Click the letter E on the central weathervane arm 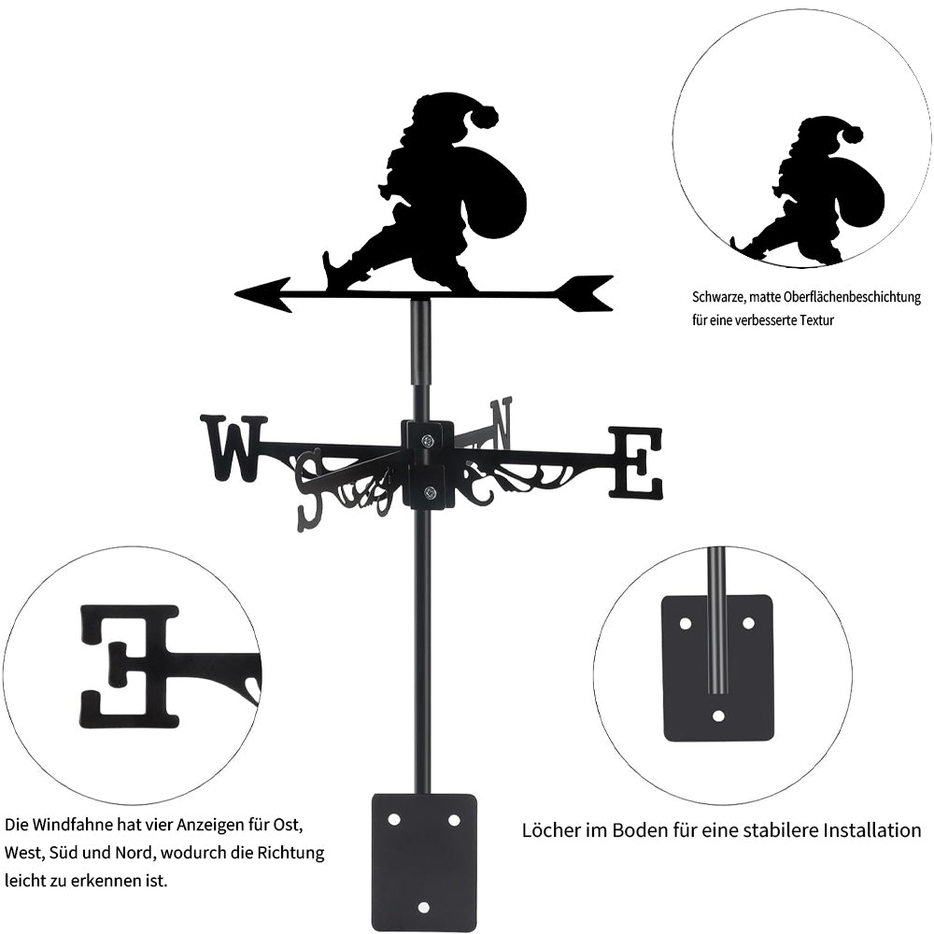pyautogui.click(x=635, y=462)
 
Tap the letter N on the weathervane pyautogui.click(x=502, y=423)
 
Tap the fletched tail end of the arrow pyautogui.click(x=585, y=293)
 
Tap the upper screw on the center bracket pyautogui.click(x=427, y=441)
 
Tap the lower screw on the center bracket pyautogui.click(x=428, y=492)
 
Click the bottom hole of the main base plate pyautogui.click(x=423, y=907)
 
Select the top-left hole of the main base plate pyautogui.click(x=394, y=820)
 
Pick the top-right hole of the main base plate pyautogui.click(x=454, y=820)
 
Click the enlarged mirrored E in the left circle pyautogui.click(x=129, y=667)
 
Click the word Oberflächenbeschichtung pyautogui.click(x=853, y=297)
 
